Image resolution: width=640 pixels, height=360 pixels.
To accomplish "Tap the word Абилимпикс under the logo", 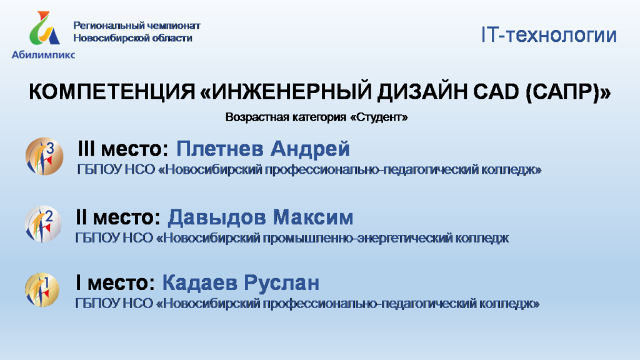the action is pyautogui.click(x=43, y=55).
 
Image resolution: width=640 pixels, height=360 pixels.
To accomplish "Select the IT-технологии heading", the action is pyautogui.click(x=549, y=35).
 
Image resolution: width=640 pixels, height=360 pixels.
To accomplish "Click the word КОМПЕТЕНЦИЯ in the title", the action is pyautogui.click(x=112, y=91).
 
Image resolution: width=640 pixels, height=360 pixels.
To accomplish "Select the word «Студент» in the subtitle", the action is pyautogui.click(x=379, y=117).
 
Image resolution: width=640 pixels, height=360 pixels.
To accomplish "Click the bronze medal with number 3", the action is pyautogui.click(x=44, y=156).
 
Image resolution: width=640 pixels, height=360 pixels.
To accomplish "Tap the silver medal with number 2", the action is pyautogui.click(x=43, y=224).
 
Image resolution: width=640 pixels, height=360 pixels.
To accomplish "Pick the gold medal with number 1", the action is pyautogui.click(x=42, y=290).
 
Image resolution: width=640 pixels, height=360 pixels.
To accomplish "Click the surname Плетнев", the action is pyautogui.click(x=219, y=149).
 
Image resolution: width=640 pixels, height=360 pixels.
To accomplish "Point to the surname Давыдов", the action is pyautogui.click(x=217, y=217).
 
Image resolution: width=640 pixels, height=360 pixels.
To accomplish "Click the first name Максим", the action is pyautogui.click(x=313, y=217).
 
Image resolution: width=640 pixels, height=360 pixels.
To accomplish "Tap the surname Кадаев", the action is pyautogui.click(x=200, y=282).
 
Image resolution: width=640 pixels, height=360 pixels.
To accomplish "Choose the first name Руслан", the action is pyautogui.click(x=282, y=283).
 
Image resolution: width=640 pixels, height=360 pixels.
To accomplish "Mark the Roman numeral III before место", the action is pyautogui.click(x=86, y=149).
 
